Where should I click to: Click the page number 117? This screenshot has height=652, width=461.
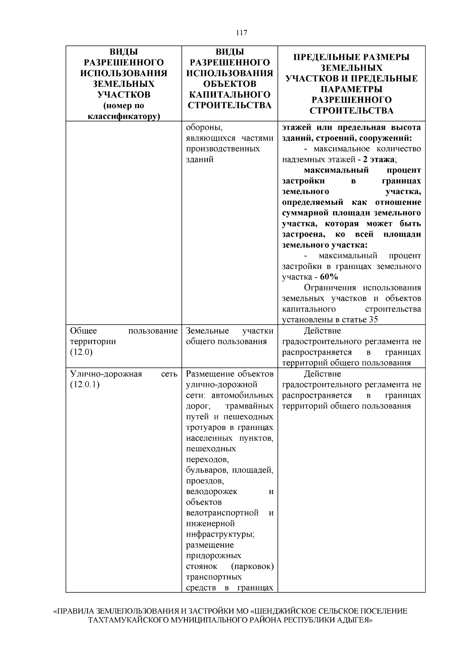[x=242, y=33]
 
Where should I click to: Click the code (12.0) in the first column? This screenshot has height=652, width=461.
[x=81, y=352]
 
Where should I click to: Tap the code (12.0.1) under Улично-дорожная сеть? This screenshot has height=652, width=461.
[x=85, y=385]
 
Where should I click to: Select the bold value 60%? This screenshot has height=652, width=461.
[x=329, y=277]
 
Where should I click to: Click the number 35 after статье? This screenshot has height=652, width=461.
[x=373, y=320]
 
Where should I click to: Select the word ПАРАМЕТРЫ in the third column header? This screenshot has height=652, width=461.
[x=352, y=89]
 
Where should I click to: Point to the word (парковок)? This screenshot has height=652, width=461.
[x=252, y=566]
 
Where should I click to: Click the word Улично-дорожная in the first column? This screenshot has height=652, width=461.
[x=106, y=374]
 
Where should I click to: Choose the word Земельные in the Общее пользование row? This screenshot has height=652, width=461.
[x=207, y=331]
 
